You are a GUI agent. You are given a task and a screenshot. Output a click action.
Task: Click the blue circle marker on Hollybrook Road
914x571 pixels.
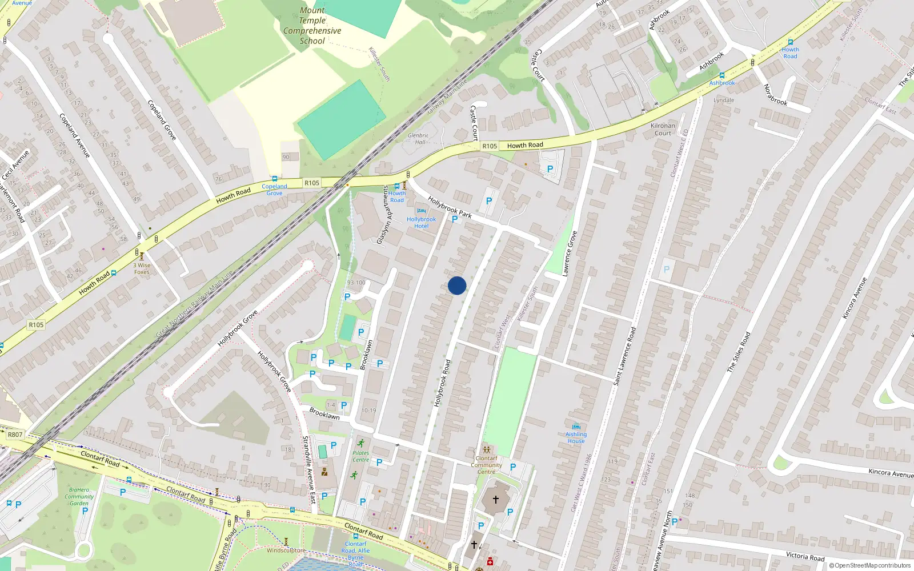point(457,285)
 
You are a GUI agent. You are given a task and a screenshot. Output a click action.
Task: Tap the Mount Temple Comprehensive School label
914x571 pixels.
point(312,26)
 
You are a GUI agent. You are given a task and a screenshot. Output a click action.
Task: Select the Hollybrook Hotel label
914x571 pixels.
point(421,223)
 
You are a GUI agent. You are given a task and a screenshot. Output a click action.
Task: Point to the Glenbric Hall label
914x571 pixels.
point(418,139)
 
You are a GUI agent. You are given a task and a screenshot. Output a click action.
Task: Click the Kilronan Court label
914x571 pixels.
point(663,130)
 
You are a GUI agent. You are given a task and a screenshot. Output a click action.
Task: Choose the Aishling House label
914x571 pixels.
point(576,437)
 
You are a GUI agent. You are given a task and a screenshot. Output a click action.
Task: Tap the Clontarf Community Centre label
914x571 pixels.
point(486,465)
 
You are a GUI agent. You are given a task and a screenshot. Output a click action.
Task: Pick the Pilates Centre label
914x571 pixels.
point(360,456)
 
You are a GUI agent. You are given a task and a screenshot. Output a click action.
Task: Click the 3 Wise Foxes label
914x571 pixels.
point(142,268)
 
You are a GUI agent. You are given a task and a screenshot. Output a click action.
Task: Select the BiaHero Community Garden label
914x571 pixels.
point(79,496)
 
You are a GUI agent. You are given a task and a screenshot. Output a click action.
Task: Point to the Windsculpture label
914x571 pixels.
point(286,550)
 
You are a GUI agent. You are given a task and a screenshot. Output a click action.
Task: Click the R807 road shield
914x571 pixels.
point(15,435)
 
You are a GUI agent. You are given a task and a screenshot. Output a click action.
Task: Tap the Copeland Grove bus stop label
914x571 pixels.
point(274,190)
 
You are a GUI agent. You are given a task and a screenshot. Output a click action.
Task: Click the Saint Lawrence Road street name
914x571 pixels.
point(624,356)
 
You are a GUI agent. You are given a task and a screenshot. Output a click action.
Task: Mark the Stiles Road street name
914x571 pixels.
point(739,352)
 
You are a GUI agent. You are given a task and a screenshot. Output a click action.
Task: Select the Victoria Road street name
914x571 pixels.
point(805,556)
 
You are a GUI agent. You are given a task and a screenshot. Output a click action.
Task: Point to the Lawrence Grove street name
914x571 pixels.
point(570,254)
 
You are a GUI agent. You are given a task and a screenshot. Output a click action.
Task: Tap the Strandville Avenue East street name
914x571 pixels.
point(308,469)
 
